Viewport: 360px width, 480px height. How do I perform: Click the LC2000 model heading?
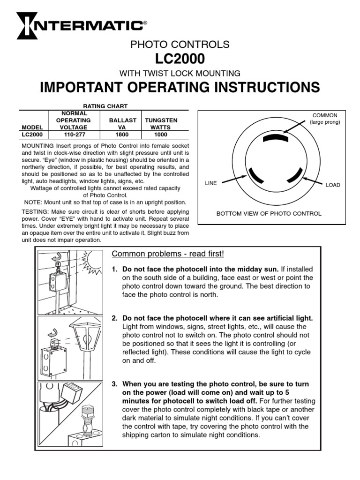click(180, 59)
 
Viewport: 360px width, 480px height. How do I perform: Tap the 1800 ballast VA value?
click(122, 134)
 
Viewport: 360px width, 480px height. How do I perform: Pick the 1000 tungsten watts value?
click(161, 134)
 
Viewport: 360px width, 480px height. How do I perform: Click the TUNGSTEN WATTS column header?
click(161, 124)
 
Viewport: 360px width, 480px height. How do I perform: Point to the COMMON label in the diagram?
click(325, 115)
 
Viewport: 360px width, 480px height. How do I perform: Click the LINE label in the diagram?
click(211, 183)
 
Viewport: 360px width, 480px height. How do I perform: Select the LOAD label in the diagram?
click(333, 185)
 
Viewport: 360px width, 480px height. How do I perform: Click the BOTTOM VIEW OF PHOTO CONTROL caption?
click(269, 214)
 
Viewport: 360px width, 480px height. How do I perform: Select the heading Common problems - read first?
click(168, 254)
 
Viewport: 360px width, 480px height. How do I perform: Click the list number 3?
click(114, 384)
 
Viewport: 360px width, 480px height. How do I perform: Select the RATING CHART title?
click(105, 106)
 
